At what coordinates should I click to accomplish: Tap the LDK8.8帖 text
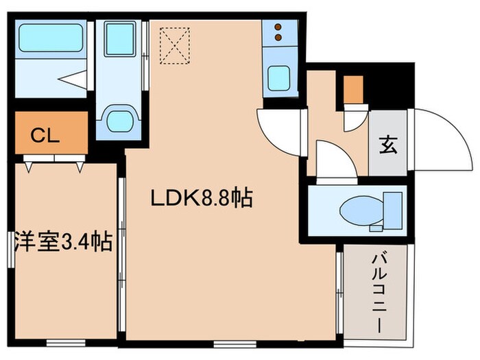point(202,199)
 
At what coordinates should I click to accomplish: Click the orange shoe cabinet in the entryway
point(353,89)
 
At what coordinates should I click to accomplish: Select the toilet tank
point(393,208)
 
